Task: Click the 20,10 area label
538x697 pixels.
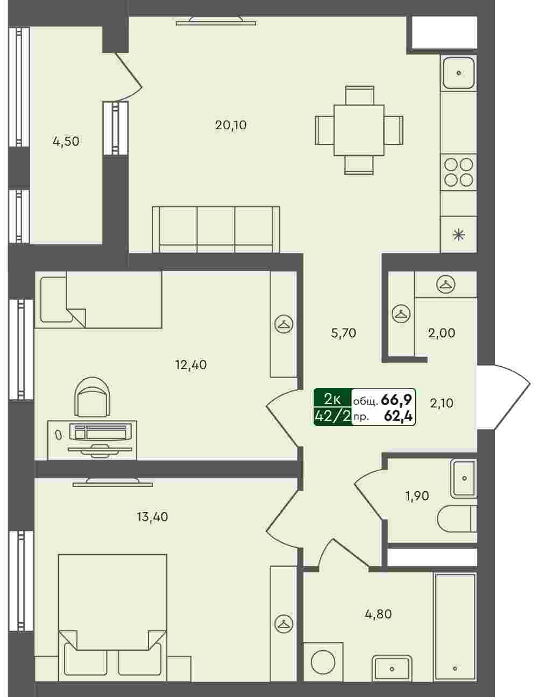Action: tap(231, 125)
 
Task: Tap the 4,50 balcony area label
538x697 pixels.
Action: tap(66, 141)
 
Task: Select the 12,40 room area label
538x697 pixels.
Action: tap(191, 365)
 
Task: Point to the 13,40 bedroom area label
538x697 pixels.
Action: tap(152, 517)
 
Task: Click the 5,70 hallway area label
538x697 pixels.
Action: tap(344, 333)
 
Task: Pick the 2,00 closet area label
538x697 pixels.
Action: tap(442, 333)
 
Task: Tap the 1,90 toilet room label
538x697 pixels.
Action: tap(417, 496)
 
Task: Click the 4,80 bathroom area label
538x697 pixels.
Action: tap(378, 614)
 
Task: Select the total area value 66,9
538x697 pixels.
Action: tap(396, 400)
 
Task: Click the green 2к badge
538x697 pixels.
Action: tap(332, 399)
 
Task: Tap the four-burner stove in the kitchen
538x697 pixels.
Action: tap(458, 172)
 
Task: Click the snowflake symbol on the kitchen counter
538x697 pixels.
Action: tap(458, 236)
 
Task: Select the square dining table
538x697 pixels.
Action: tap(359, 130)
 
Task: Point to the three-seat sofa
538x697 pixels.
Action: tap(216, 229)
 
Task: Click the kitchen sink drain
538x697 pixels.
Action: tap(458, 73)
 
